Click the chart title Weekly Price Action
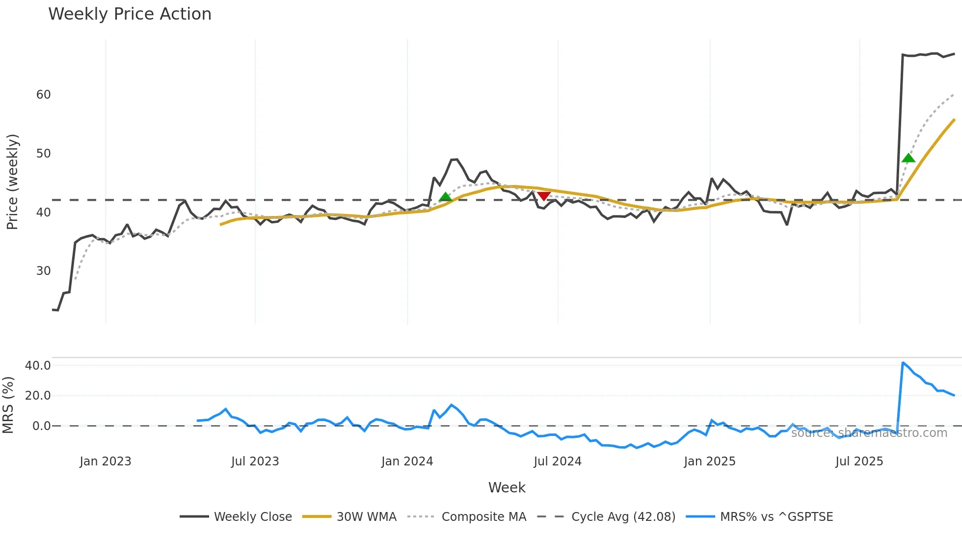pos(130,14)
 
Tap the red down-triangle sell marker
pos(543,196)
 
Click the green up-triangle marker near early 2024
pos(445,197)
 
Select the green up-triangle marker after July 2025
pos(908,158)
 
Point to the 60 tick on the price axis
pos(43,95)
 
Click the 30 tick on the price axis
pos(43,271)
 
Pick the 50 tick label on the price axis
pos(43,154)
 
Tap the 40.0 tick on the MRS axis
pos(38,366)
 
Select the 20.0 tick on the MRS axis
pos(38,396)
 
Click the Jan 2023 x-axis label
pos(106,461)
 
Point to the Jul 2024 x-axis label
pos(558,461)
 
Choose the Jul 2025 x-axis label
pos(859,461)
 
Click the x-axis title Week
pos(507,487)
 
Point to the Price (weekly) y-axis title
pos(12,182)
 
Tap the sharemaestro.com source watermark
pos(869,433)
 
